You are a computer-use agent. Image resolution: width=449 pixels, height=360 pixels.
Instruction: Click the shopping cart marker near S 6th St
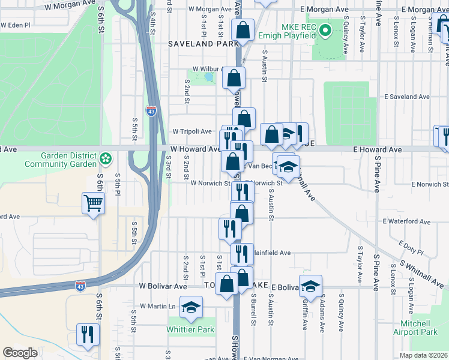tap(94, 203)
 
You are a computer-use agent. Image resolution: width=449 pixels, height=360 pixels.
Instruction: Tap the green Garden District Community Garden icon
tap(106, 159)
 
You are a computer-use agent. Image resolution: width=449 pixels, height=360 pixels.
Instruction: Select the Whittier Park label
tap(190, 329)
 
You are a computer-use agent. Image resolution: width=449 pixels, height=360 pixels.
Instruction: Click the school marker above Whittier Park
tap(190, 308)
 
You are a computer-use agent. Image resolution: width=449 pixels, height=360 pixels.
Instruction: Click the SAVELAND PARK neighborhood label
tap(196, 44)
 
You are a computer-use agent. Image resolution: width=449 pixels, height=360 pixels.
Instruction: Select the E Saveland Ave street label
tap(407, 97)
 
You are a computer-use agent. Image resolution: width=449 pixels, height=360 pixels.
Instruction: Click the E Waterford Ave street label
tap(406, 221)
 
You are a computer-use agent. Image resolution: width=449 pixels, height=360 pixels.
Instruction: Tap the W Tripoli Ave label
tap(192, 131)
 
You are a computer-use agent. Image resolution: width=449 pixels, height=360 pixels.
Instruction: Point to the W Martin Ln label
tap(158, 306)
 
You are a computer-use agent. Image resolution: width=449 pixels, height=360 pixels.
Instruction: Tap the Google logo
tap(20, 353)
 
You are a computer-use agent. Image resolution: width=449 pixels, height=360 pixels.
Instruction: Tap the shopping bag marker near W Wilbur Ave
tap(234, 79)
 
